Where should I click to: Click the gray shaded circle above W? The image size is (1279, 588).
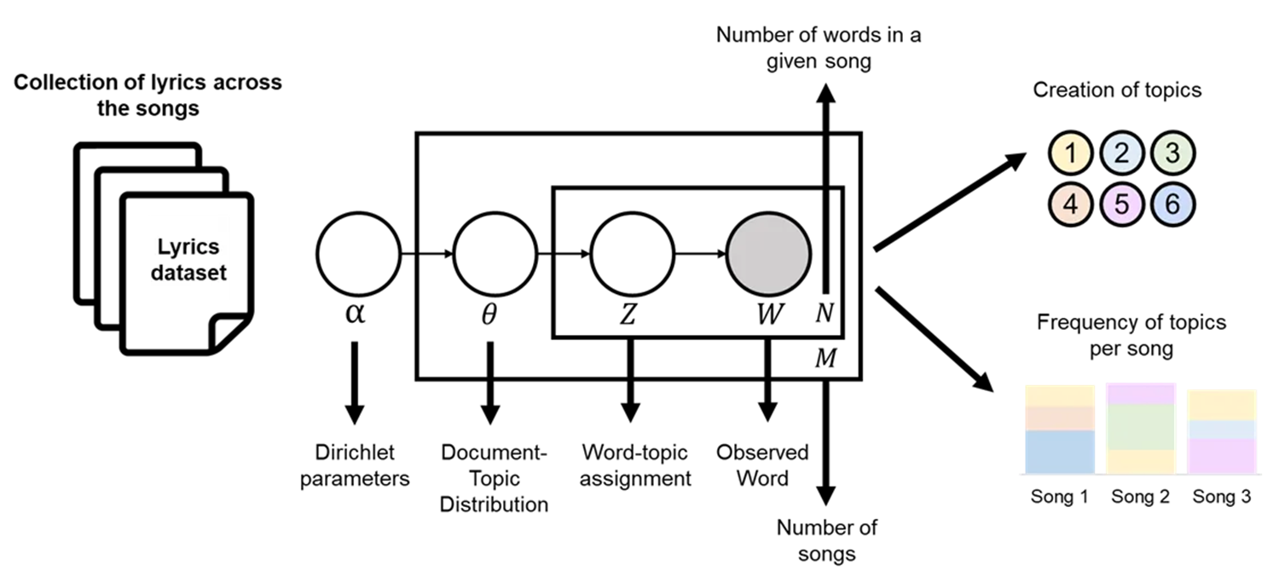(x=767, y=254)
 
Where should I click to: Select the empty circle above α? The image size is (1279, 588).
(x=358, y=254)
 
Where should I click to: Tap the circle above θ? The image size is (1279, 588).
(x=495, y=254)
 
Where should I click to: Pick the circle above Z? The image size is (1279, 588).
(x=631, y=254)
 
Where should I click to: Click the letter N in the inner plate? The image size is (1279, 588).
(x=824, y=314)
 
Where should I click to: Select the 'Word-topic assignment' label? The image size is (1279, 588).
(x=635, y=464)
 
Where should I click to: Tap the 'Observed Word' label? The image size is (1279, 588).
(x=762, y=464)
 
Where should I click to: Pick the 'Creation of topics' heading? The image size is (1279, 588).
(x=1117, y=89)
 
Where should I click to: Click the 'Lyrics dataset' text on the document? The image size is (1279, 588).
(x=188, y=261)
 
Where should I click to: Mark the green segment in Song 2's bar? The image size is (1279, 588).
(x=1140, y=426)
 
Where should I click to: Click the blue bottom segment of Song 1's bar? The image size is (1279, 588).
(x=1059, y=452)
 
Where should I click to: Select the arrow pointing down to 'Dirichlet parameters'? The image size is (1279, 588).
(x=355, y=383)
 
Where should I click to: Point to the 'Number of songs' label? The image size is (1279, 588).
(x=826, y=540)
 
